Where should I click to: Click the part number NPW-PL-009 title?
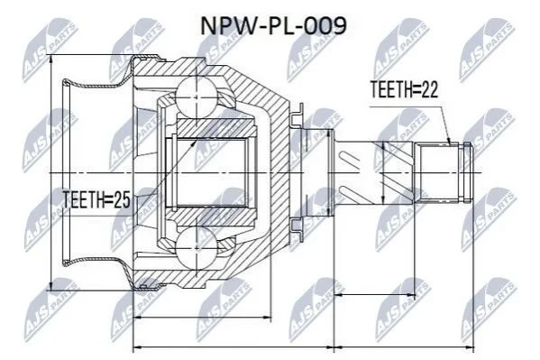pyautogui.click(x=273, y=26)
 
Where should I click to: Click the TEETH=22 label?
pyautogui.click(x=404, y=89)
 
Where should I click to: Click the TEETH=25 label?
pyautogui.click(x=96, y=200)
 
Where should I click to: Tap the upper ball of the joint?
pyautogui.click(x=197, y=97)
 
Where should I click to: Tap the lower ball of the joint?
pyautogui.click(x=197, y=247)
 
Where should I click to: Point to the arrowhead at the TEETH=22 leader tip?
pyautogui.click(x=449, y=141)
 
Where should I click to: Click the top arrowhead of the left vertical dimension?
pyautogui.click(x=51, y=60)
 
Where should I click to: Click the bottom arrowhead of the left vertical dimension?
pyautogui.click(x=51, y=284)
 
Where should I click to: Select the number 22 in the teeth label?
pyautogui.click(x=429, y=89)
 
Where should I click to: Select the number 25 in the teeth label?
pyautogui.click(x=122, y=200)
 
